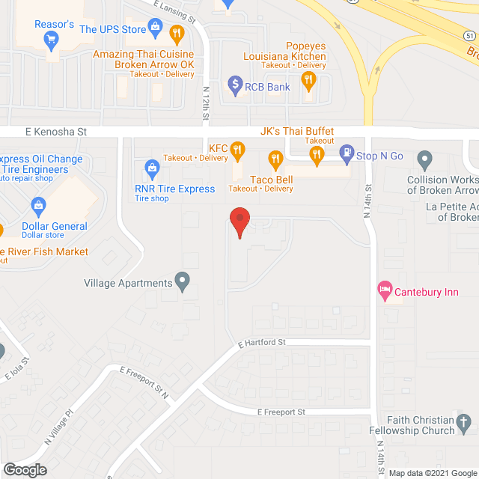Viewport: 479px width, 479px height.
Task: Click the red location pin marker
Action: pos(239,219)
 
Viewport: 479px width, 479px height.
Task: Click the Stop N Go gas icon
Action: pos(347,155)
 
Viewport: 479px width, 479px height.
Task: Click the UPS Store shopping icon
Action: pos(156,29)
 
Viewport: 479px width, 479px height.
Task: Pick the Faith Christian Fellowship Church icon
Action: pos(465,424)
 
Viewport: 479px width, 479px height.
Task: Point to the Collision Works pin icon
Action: pos(424,159)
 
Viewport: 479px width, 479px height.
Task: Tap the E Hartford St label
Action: pos(262,344)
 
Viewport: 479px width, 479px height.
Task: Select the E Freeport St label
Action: pos(281,412)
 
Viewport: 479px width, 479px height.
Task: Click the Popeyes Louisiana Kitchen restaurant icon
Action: pos(308,80)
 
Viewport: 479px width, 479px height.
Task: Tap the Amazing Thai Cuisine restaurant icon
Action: pos(177,33)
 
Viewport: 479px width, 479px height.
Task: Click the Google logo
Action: pos(25,470)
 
